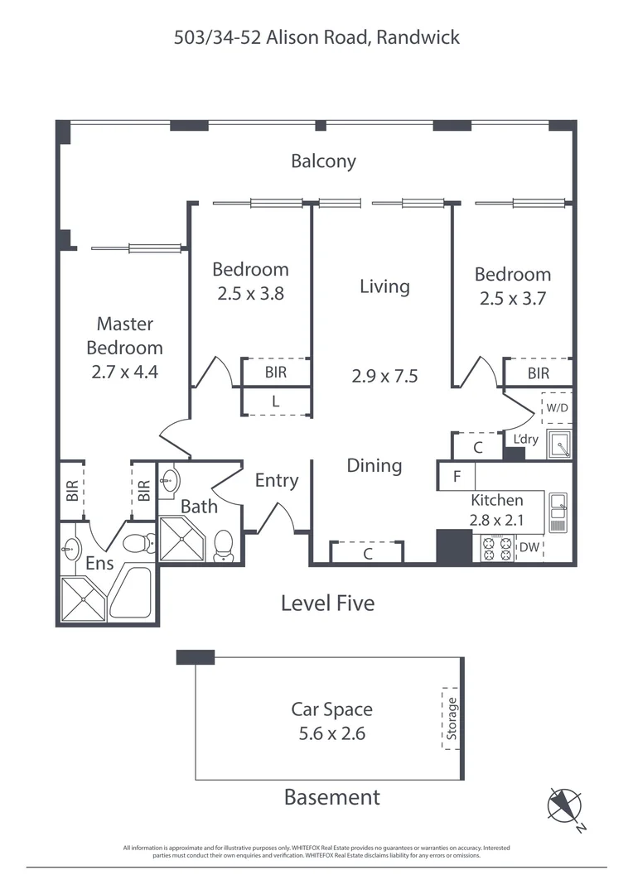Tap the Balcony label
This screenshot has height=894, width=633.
pos(323,161)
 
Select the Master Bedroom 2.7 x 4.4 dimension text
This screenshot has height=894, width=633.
pos(124,372)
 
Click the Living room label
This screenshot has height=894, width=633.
pos(384,286)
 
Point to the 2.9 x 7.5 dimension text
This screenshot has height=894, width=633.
pos(384,376)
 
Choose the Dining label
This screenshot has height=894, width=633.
pos(374,466)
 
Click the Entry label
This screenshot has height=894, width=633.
pos(276,480)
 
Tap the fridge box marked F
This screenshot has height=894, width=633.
pos(457,477)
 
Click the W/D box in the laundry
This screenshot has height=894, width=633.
pos(556,407)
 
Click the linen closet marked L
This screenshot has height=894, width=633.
pos(276,401)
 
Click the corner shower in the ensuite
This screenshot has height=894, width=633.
pos(83,598)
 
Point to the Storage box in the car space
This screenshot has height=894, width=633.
pos(452,719)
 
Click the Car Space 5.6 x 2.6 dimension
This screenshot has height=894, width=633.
pos(331,733)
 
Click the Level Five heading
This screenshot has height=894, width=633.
pos(327,603)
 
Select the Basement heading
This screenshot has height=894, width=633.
pos(331,797)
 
